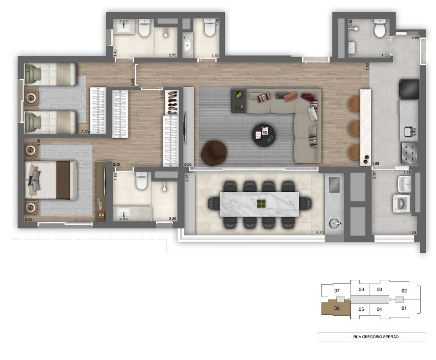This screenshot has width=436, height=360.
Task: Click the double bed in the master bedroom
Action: [x=51, y=180]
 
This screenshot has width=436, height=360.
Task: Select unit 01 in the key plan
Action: [x=405, y=308]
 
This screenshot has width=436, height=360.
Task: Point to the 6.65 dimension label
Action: [x=187, y=164]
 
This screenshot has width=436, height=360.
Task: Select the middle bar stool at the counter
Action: [x=354, y=128]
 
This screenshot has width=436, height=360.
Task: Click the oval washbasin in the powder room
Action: [x=188, y=44]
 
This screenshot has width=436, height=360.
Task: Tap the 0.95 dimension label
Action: [x=415, y=38]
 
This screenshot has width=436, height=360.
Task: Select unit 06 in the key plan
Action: [x=361, y=290]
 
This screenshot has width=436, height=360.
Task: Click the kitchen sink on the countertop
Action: [x=408, y=131]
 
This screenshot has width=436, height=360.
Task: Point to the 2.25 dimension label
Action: [x=187, y=178]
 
